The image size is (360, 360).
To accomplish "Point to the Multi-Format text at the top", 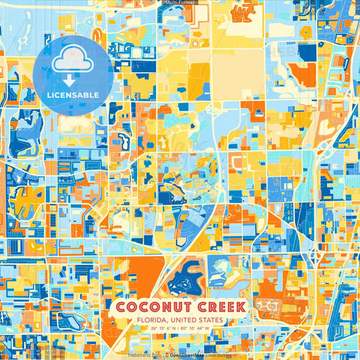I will point(179,3).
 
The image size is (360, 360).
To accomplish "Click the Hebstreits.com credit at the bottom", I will point(145,355).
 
